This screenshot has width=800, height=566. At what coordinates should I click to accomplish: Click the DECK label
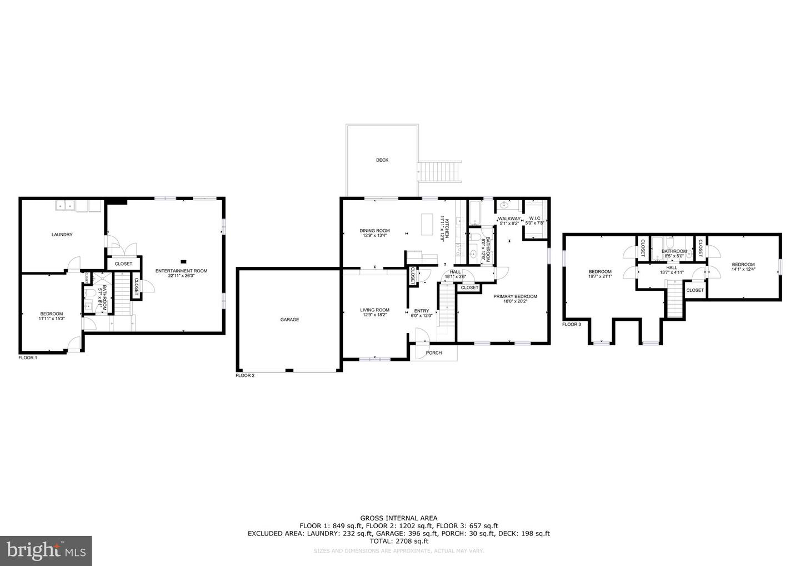pos(382,160)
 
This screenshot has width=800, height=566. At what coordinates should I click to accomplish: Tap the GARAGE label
pos(289,320)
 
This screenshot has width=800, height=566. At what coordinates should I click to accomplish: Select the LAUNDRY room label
pos(62,235)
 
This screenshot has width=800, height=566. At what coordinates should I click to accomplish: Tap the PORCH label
pos(434,352)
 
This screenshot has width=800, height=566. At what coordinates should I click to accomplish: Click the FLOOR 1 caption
pos(28,358)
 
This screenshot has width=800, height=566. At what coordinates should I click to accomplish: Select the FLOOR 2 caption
pos(245,376)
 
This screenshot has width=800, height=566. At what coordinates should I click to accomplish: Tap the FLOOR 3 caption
pos(572,324)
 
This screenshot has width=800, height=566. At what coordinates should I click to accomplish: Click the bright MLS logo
pos(46,551)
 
